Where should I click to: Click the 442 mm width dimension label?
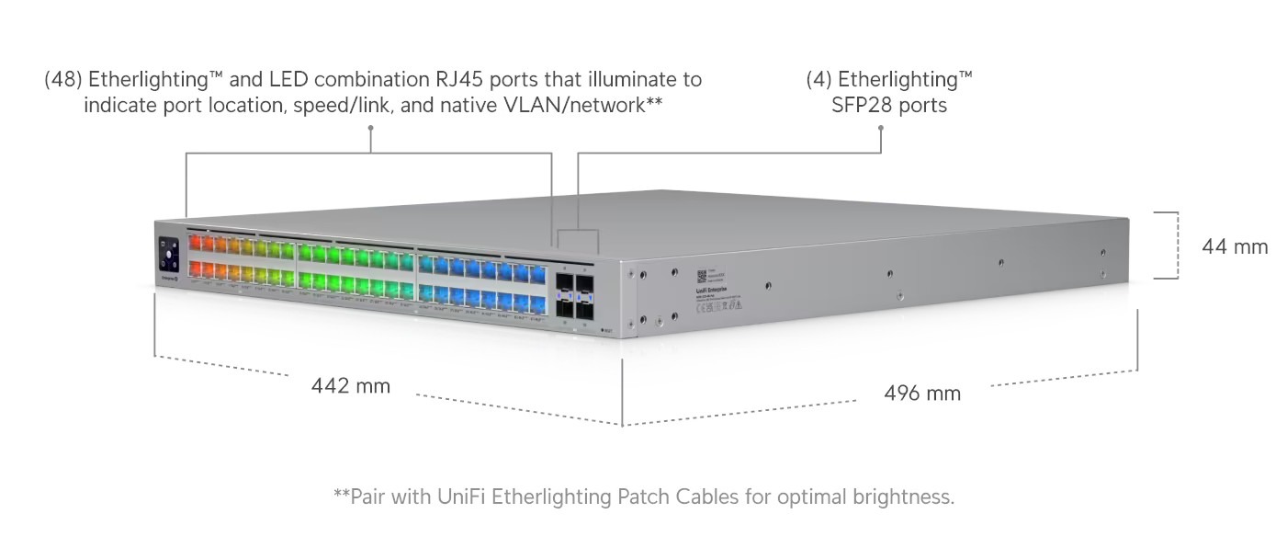point(351,386)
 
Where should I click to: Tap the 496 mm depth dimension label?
point(922,394)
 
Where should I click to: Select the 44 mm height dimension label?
point(1235,246)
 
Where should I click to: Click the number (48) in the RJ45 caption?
point(63,80)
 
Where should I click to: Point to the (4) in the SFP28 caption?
point(819,80)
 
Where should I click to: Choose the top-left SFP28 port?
point(564,278)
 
